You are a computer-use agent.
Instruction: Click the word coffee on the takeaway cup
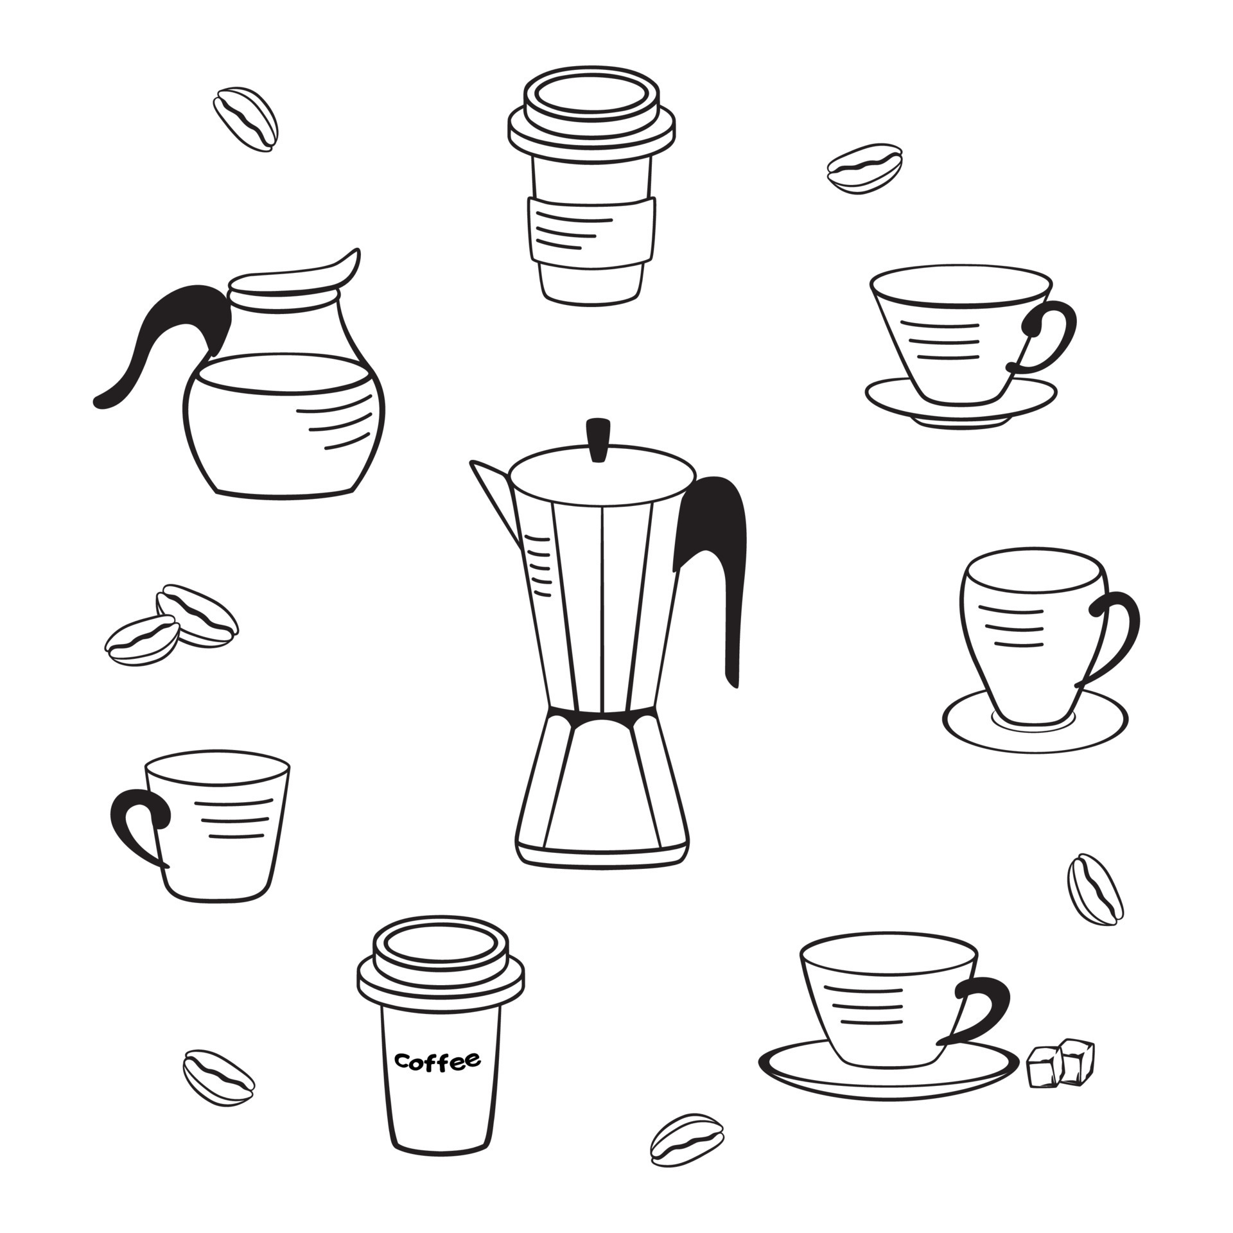click(438, 1060)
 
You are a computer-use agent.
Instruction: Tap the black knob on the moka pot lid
click(599, 440)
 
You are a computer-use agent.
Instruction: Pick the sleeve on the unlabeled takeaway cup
click(591, 229)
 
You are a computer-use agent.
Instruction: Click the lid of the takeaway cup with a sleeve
click(591, 112)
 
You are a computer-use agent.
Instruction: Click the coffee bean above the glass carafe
click(246, 119)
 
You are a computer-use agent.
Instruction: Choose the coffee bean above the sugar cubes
click(1096, 889)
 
